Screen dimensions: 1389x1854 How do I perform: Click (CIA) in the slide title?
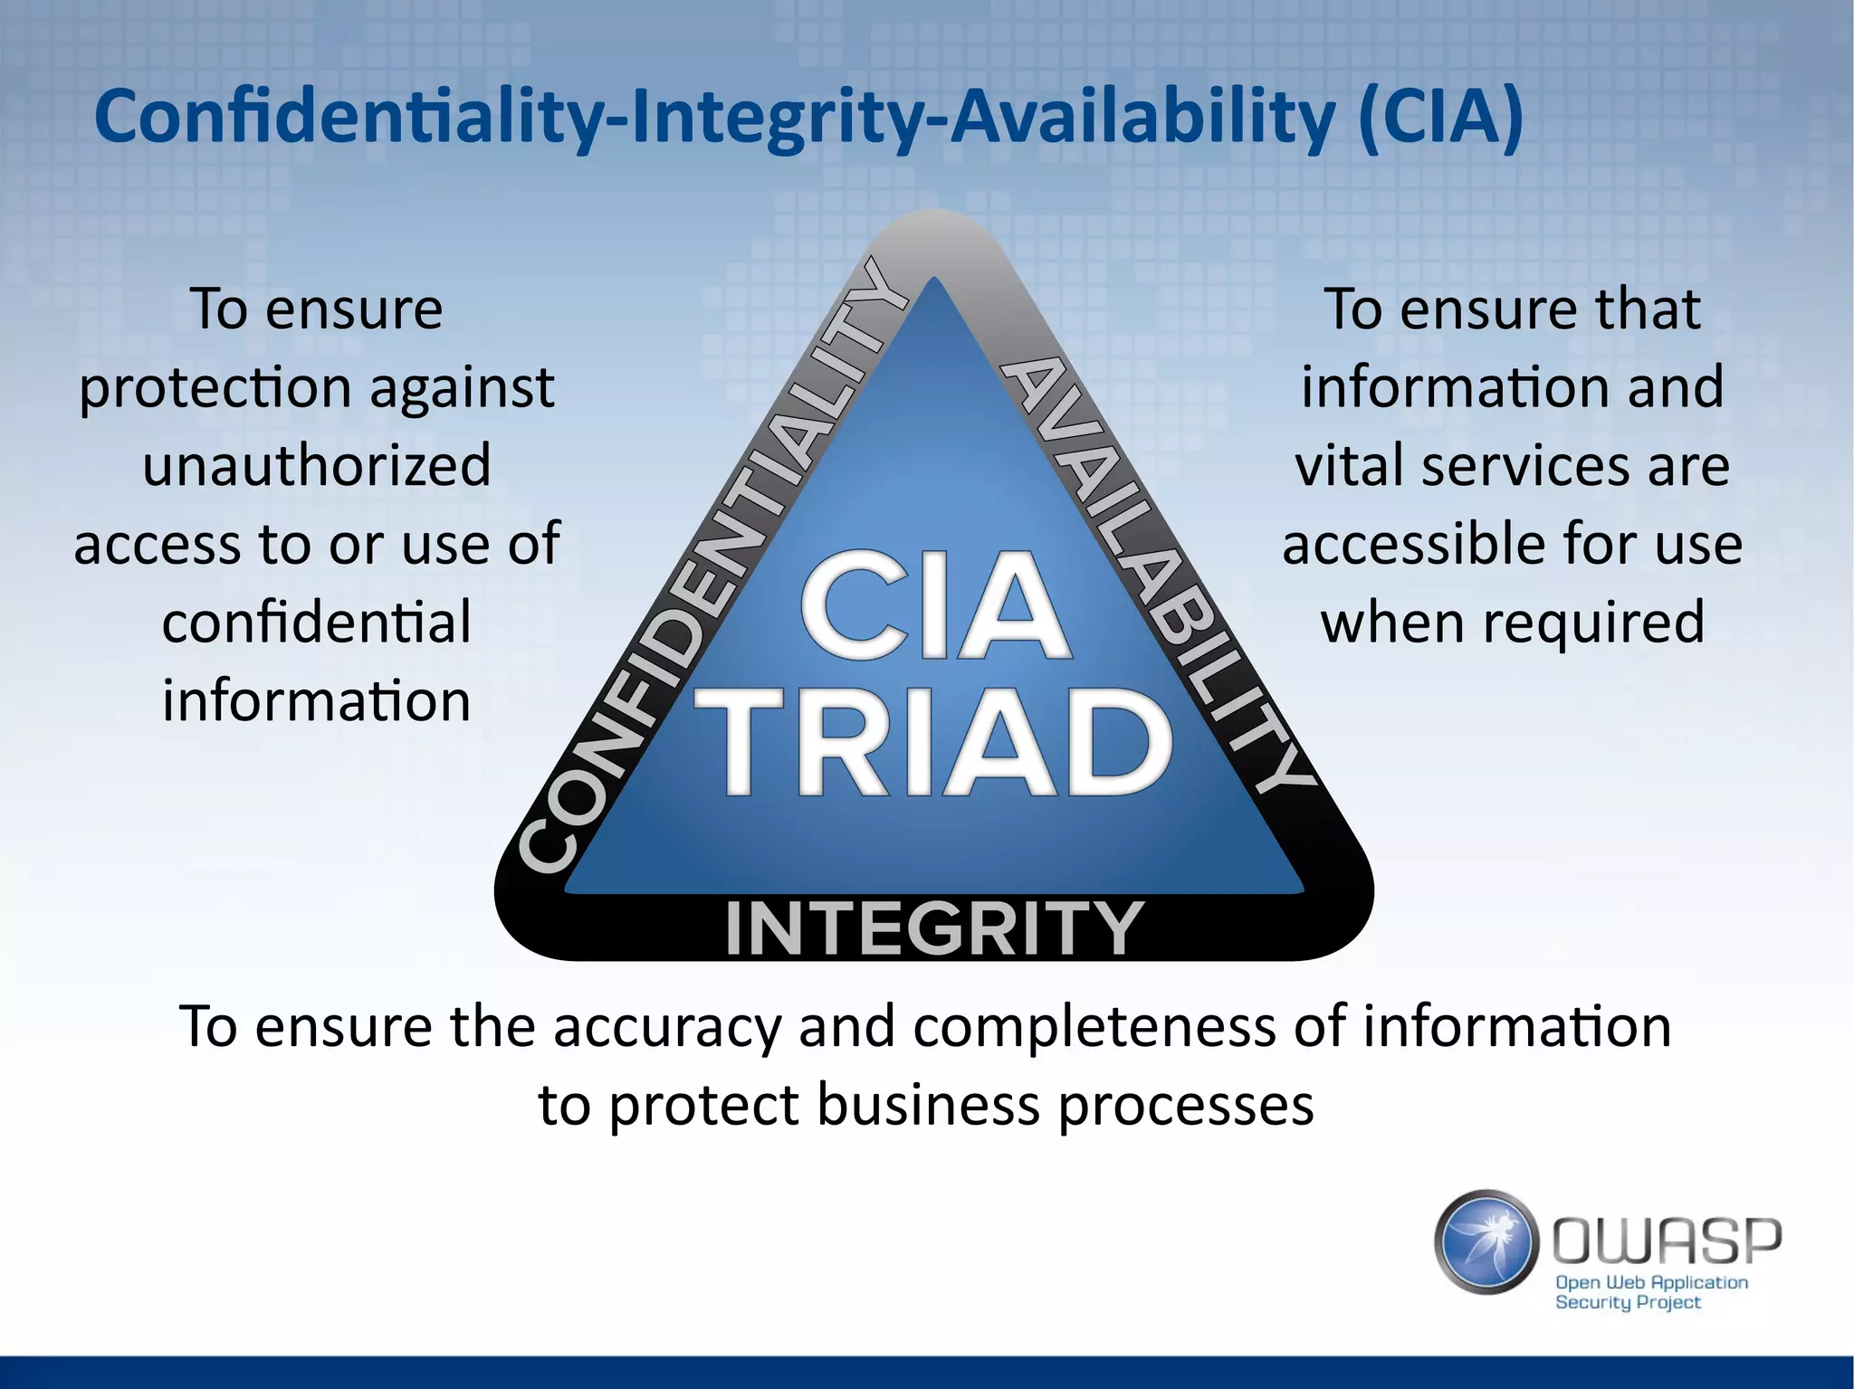click(1439, 118)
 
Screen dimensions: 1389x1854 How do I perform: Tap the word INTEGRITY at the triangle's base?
click(934, 929)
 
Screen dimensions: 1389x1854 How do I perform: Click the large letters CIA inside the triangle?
click(934, 608)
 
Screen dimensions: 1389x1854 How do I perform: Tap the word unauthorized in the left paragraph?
click(317, 465)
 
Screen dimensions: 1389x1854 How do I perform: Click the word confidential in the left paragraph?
click(317, 623)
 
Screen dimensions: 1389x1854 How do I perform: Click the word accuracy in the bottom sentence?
click(666, 1028)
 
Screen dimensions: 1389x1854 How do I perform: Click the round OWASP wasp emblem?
click(1486, 1242)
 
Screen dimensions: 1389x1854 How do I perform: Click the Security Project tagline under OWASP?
click(1628, 1303)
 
